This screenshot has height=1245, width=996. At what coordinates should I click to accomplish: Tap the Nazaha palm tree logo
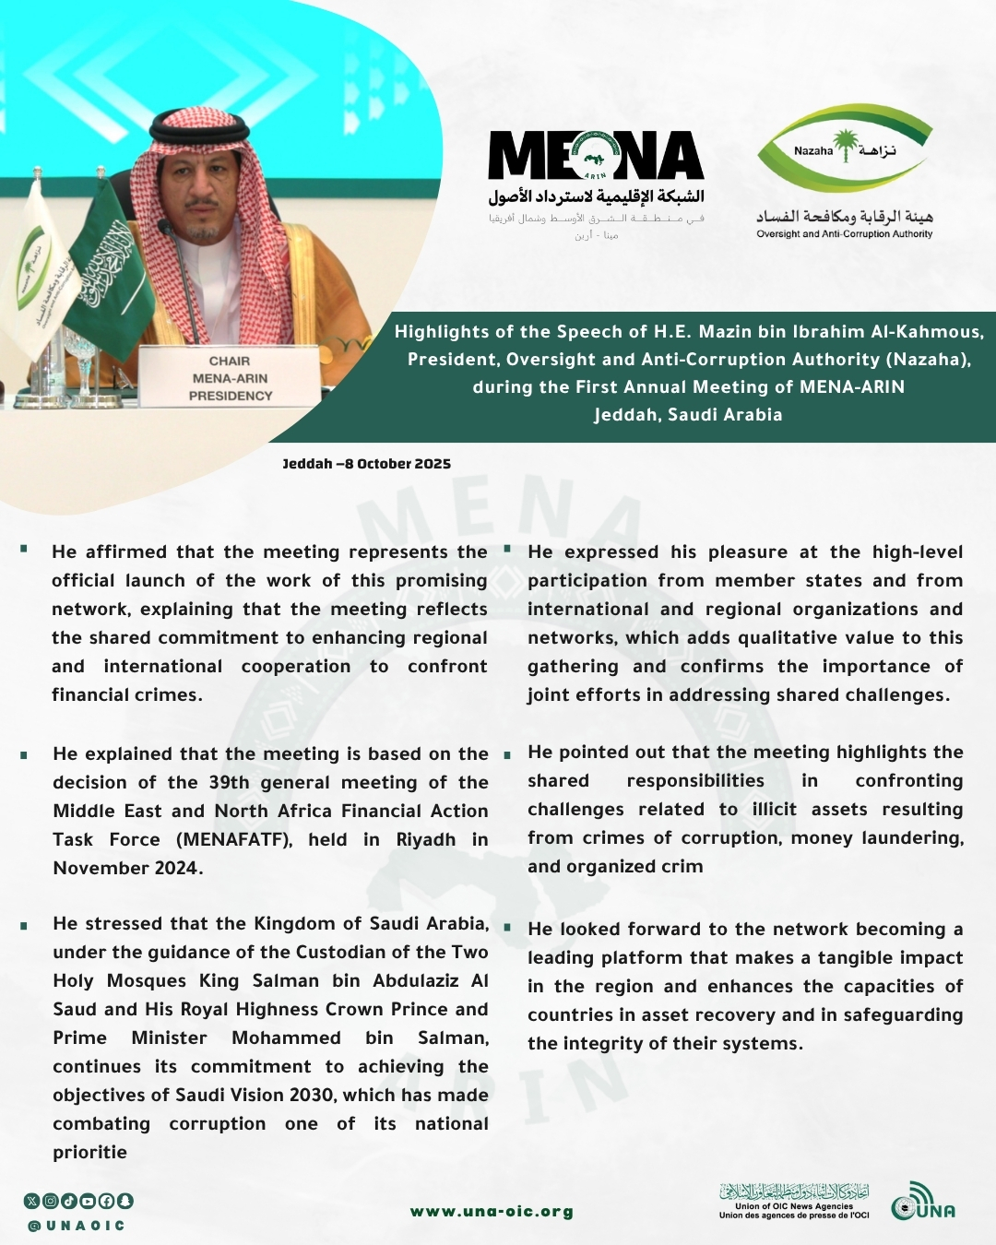844,147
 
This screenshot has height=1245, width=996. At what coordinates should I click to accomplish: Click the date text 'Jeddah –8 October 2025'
366,464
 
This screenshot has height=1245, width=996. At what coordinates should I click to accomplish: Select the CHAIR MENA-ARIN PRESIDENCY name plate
230,378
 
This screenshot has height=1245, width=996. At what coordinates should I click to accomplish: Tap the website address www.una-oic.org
492,1212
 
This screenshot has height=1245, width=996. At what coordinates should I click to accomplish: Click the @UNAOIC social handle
77,1226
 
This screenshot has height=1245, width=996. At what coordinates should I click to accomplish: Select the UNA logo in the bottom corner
923,1203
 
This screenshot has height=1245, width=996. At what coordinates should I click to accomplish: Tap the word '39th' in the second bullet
229,782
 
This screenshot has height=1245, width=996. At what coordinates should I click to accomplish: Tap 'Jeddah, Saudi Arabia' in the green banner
688,415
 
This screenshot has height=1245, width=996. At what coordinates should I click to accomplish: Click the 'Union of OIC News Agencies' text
793,1206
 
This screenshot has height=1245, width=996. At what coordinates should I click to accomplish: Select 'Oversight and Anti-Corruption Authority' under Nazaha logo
844,234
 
